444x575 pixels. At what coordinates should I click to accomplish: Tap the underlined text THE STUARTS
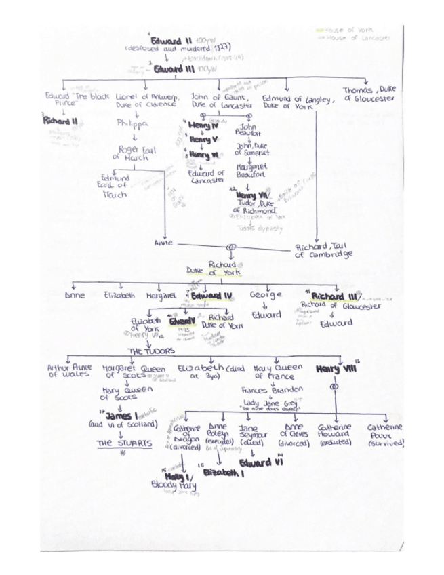point(122,443)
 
